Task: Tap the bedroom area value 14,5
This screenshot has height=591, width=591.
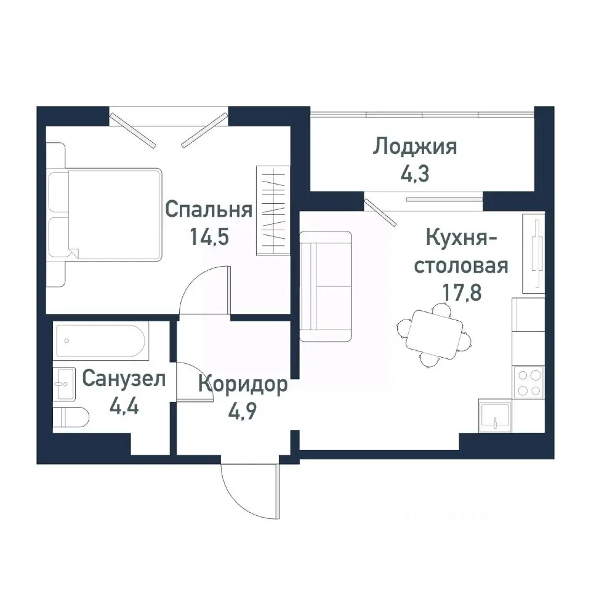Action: click(x=209, y=238)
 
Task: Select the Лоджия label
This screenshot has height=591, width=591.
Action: click(x=416, y=147)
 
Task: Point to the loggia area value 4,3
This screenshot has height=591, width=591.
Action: click(x=416, y=173)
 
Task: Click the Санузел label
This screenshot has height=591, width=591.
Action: click(x=124, y=378)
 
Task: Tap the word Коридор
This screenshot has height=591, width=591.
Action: click(x=243, y=385)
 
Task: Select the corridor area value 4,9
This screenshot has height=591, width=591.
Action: click(x=243, y=411)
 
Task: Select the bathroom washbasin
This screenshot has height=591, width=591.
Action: click(x=63, y=385)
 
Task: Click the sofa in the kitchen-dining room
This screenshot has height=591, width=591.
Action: click(x=325, y=286)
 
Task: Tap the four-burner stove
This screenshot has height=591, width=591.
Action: click(x=528, y=382)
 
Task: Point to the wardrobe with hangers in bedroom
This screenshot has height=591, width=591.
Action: click(x=272, y=210)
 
